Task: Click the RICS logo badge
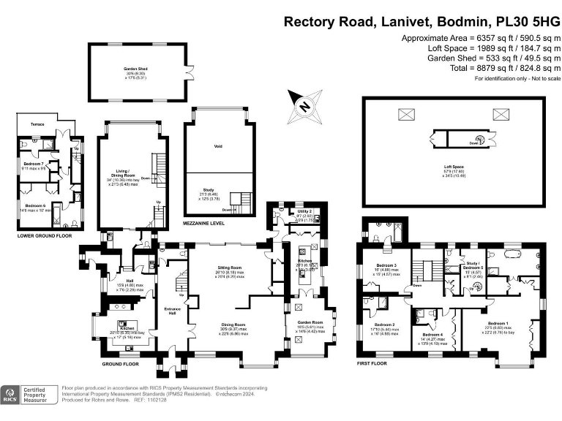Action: pos(10,395)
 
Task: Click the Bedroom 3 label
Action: pos(386,265)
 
